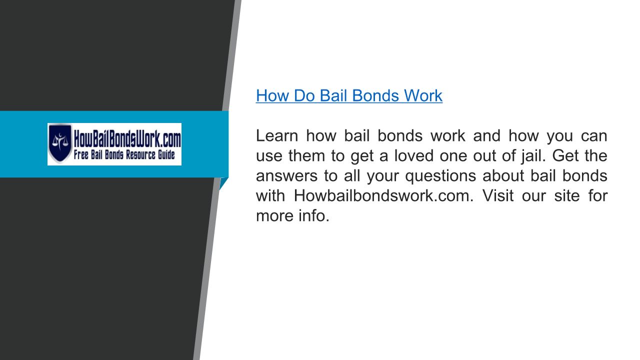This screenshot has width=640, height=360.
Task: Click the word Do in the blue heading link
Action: [x=304, y=95]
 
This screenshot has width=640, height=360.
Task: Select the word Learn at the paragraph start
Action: [x=277, y=135]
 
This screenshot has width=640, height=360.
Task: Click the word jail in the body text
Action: [x=533, y=156]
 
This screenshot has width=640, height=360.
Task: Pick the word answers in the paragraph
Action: [x=286, y=175]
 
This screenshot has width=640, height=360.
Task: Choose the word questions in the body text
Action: [x=440, y=176]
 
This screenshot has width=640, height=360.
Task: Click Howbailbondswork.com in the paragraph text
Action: [x=383, y=195]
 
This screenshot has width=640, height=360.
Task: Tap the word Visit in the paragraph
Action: [x=498, y=195]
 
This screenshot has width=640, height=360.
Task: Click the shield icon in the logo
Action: [x=59, y=143]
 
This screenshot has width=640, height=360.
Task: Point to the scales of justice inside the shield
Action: [x=60, y=140]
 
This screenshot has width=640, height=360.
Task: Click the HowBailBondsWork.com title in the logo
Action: [x=127, y=138]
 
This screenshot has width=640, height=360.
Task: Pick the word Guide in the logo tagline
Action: [x=166, y=154]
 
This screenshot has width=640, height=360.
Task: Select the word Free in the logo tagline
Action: [x=81, y=154]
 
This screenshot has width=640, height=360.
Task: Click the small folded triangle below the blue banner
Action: [x=223, y=183]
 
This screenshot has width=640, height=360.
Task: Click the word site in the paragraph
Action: [x=567, y=195]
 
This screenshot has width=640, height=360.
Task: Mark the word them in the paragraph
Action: [x=306, y=155]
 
